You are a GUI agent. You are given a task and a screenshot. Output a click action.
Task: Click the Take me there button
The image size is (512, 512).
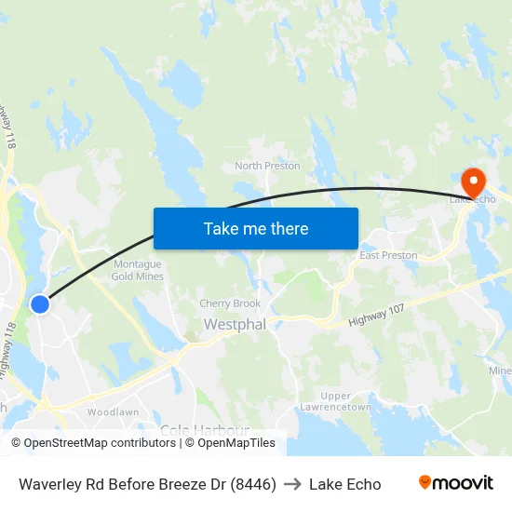256,228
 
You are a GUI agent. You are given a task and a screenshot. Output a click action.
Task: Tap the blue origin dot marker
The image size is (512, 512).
39,304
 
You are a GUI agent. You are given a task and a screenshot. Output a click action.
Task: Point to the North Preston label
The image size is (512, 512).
267,166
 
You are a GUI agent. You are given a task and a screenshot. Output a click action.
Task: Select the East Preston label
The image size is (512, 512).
388,255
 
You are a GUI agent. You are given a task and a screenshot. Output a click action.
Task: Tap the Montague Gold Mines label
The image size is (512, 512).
138,270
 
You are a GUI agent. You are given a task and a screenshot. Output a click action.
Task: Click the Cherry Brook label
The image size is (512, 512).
230,303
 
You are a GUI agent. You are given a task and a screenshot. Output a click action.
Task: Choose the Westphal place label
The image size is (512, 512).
235,325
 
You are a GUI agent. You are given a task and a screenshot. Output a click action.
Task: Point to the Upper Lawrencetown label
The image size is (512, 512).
335,401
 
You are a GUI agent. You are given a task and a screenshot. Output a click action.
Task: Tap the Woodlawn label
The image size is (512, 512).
113,411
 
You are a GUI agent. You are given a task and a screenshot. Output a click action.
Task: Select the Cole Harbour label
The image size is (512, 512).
204,429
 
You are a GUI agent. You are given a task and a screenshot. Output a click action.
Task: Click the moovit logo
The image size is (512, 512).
455,482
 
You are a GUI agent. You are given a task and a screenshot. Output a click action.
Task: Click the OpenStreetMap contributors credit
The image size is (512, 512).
94,443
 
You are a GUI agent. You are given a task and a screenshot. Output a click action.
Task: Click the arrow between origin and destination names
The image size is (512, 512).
292,484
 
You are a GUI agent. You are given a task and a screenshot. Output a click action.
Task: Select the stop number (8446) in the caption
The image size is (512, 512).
253,484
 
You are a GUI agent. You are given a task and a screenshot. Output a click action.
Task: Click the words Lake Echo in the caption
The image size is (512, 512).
344,484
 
